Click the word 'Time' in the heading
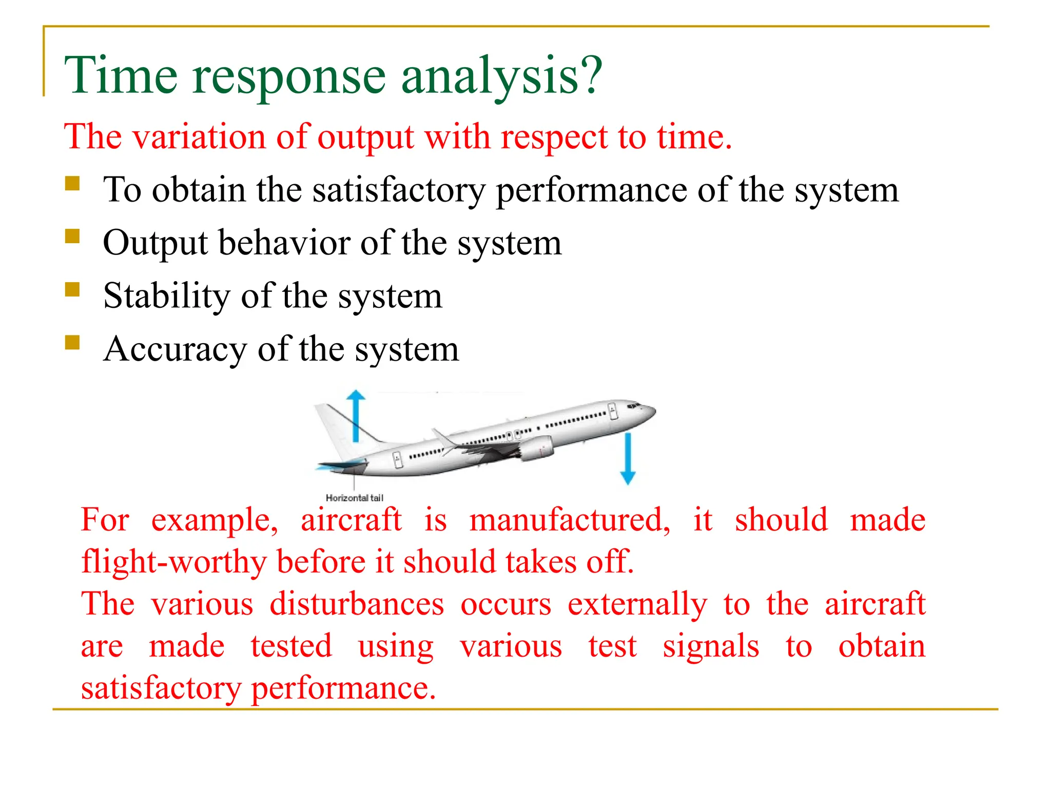pyautogui.click(x=120, y=76)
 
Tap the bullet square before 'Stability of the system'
pyautogui.click(x=72, y=290)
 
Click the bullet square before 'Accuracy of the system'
pyautogui.click(x=72, y=342)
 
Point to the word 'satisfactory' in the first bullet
pyautogui.click(x=398, y=191)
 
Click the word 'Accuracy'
pyautogui.click(x=174, y=349)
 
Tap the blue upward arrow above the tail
pyautogui.click(x=356, y=416)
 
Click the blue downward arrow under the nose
pyautogui.click(x=628, y=458)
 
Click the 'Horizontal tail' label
pyautogui.click(x=354, y=498)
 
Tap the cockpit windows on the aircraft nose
pyautogui.click(x=633, y=406)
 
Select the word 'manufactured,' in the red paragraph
pyautogui.click(x=570, y=520)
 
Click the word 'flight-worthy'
pyautogui.click(x=173, y=562)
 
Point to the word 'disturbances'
pyautogui.click(x=357, y=604)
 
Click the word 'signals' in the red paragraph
pyautogui.click(x=710, y=646)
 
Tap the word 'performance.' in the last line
pyautogui.click(x=343, y=688)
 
